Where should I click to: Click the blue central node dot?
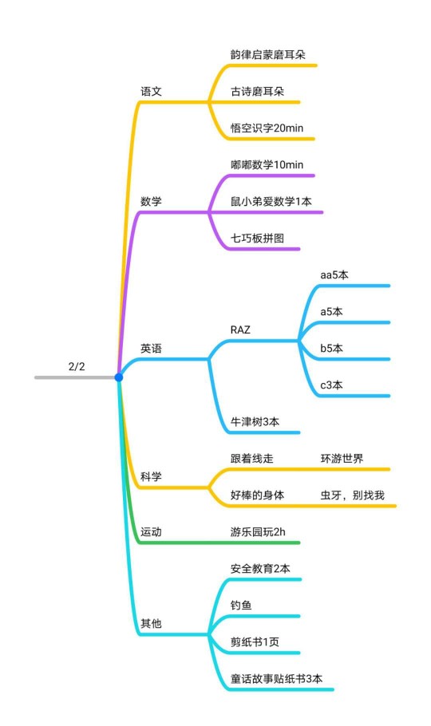[x=119, y=377]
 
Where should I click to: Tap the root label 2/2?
[x=77, y=367]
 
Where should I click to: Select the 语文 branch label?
[x=151, y=91]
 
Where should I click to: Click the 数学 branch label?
[x=151, y=201]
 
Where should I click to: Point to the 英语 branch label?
[x=151, y=348]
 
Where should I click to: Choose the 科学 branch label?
[x=151, y=476]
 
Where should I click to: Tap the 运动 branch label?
[x=151, y=531]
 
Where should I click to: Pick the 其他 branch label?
[x=151, y=623]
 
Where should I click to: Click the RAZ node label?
[x=240, y=329]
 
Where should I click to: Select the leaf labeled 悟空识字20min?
[x=267, y=128]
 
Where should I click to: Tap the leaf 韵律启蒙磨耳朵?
[x=268, y=54]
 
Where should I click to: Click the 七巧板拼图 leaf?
[x=257, y=238]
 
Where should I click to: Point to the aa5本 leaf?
[x=334, y=274]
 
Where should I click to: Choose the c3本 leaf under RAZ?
[x=331, y=385]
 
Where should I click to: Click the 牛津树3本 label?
[x=255, y=421]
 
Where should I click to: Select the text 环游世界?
[x=342, y=459]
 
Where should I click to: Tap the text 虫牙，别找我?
[x=352, y=495]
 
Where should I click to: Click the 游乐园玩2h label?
[x=258, y=531]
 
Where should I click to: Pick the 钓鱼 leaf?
[x=241, y=606]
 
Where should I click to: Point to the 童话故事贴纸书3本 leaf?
[x=276, y=679]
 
